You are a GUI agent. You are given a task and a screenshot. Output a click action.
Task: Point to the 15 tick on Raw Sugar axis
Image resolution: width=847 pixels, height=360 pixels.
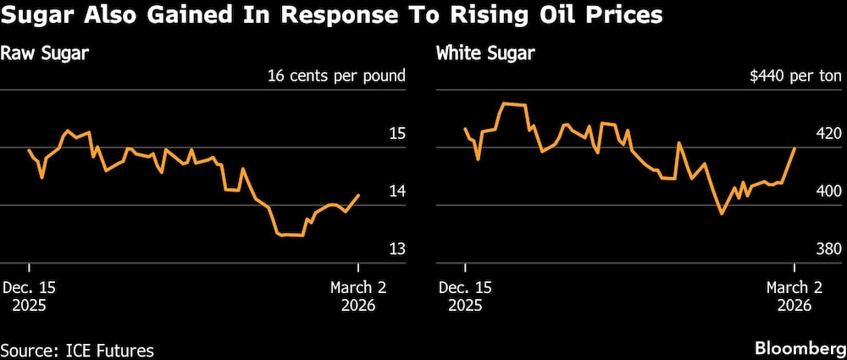(396, 134)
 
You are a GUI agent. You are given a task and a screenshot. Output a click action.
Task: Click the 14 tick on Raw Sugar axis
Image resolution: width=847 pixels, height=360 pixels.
(396, 191)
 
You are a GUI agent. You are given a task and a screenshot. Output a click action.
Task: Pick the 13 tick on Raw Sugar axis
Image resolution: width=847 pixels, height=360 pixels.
(396, 249)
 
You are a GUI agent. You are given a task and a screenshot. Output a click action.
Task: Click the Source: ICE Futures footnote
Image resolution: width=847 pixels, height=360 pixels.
(77, 349)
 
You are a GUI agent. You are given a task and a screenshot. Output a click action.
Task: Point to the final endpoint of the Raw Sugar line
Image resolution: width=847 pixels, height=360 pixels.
(359, 195)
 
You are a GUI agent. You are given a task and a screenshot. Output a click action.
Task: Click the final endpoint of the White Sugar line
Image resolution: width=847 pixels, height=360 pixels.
(794, 147)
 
